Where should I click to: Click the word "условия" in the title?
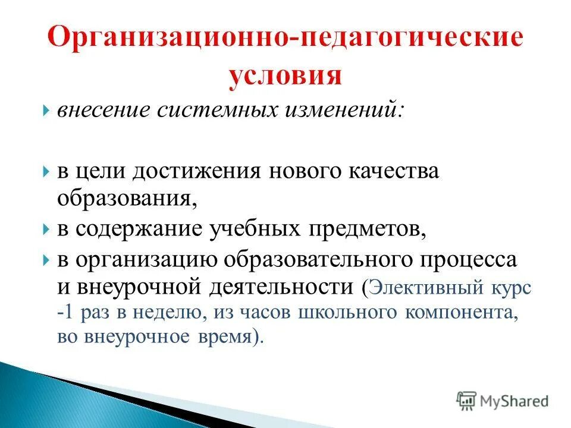(285, 75)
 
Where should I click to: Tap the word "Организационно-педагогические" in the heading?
(285, 39)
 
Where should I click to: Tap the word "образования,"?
(127, 197)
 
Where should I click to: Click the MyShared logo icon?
(466, 400)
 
